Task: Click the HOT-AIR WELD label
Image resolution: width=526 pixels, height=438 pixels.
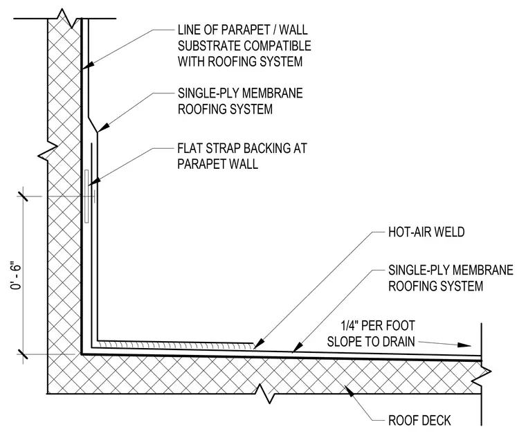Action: click(426, 232)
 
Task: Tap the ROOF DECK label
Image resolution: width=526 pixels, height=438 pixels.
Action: click(419, 420)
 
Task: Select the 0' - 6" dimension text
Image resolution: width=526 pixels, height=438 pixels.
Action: click(16, 275)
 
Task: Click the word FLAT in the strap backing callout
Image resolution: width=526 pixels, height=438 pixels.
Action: click(190, 148)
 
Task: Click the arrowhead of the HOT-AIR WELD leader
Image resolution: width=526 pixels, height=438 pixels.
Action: click(259, 343)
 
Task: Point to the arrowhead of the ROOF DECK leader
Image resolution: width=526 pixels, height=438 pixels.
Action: click(350, 391)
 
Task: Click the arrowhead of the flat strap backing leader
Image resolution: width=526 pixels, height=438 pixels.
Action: click(94, 181)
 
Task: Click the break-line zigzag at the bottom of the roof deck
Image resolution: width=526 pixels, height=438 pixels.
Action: click(266, 394)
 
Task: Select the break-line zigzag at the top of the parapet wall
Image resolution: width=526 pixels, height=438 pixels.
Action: click(66, 19)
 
